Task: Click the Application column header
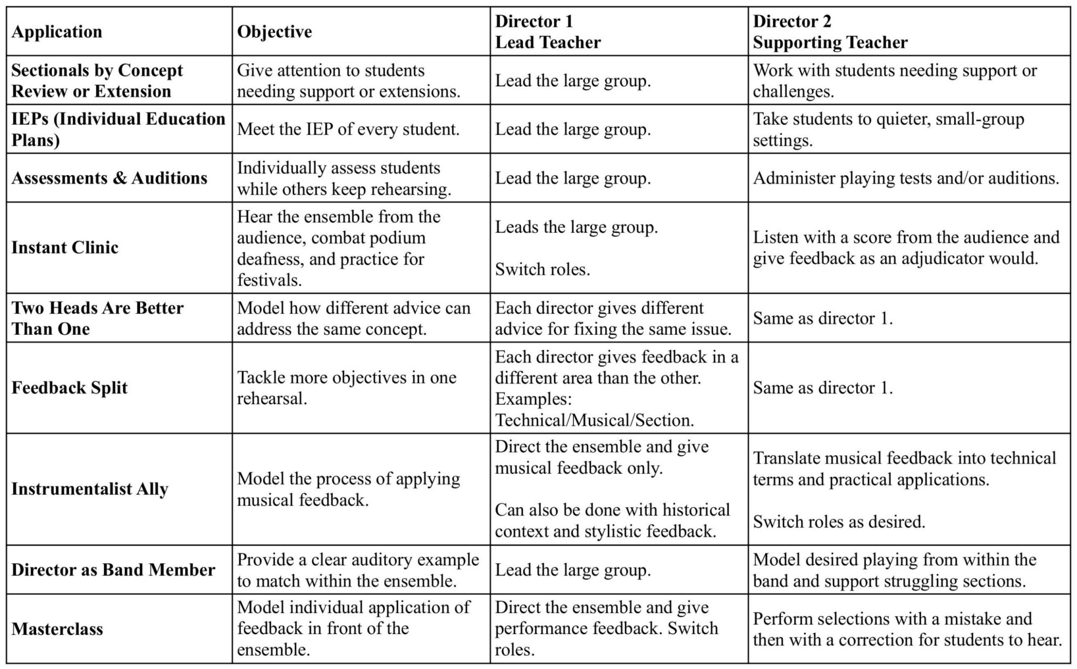(x=57, y=32)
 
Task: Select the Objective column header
(x=274, y=32)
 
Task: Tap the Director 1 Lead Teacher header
(x=548, y=32)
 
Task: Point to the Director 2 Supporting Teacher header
(x=830, y=32)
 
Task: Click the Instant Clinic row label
(x=65, y=247)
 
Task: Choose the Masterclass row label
(x=57, y=629)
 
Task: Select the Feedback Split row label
(x=69, y=388)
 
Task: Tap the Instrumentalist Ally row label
(x=89, y=489)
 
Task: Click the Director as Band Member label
(x=113, y=570)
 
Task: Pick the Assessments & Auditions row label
(x=109, y=178)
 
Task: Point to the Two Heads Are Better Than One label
(x=97, y=318)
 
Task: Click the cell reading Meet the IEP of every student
(x=348, y=129)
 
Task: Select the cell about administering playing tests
(x=906, y=178)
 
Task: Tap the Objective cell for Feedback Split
(x=346, y=388)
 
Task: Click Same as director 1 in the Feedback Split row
(x=823, y=388)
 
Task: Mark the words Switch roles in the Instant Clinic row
(x=542, y=269)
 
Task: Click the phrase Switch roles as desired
(x=839, y=521)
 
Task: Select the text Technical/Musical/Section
(x=595, y=420)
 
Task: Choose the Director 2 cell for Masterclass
(x=907, y=629)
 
